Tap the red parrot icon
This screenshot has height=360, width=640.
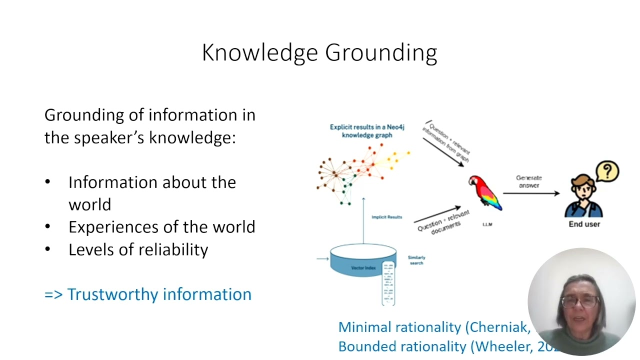point(484,192)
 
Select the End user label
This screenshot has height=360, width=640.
point(584,224)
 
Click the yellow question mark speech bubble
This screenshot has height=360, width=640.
point(607,171)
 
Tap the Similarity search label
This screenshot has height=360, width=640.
point(416,260)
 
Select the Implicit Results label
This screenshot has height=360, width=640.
point(386,217)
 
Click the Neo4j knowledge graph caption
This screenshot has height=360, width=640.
point(367,131)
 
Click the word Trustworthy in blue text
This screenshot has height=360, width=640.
point(113,294)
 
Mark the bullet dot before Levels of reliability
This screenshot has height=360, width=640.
point(47,249)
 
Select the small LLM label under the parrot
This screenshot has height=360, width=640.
point(487,224)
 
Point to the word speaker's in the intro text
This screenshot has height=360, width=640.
point(108,137)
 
